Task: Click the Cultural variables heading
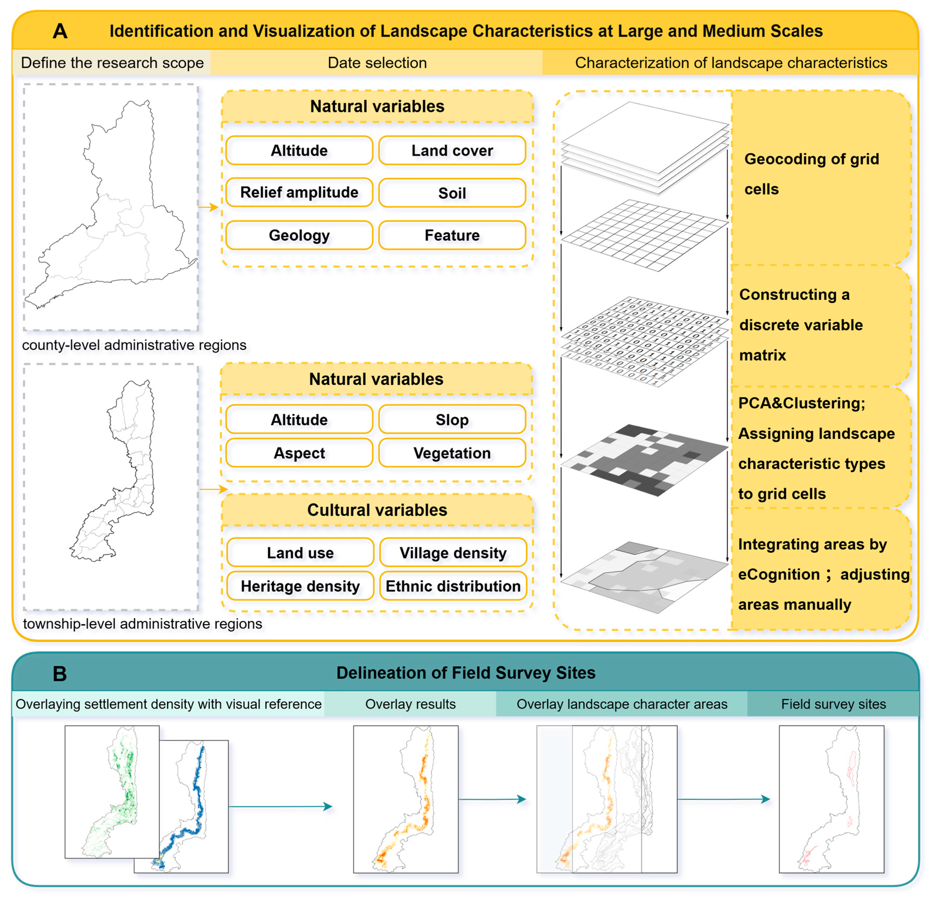[377, 510]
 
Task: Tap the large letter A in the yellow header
[60, 31]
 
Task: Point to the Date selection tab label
[377, 63]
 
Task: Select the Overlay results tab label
[410, 704]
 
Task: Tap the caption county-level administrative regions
[134, 345]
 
